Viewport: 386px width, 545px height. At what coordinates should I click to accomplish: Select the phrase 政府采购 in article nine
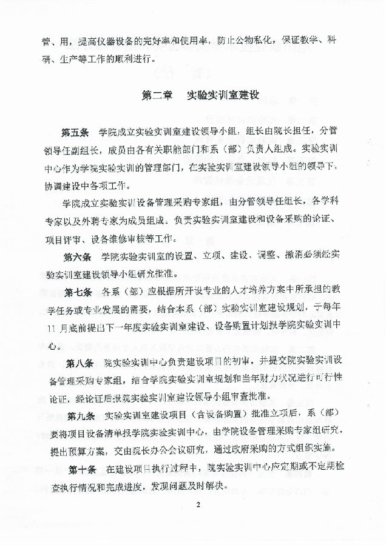257,451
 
